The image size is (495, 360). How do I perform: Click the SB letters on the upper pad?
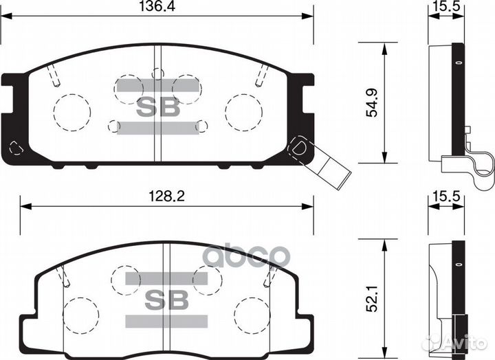pos(159,106)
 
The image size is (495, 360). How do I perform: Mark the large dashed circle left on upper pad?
pos(71,110)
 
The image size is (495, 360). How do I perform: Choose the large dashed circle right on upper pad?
pos(245,111)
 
